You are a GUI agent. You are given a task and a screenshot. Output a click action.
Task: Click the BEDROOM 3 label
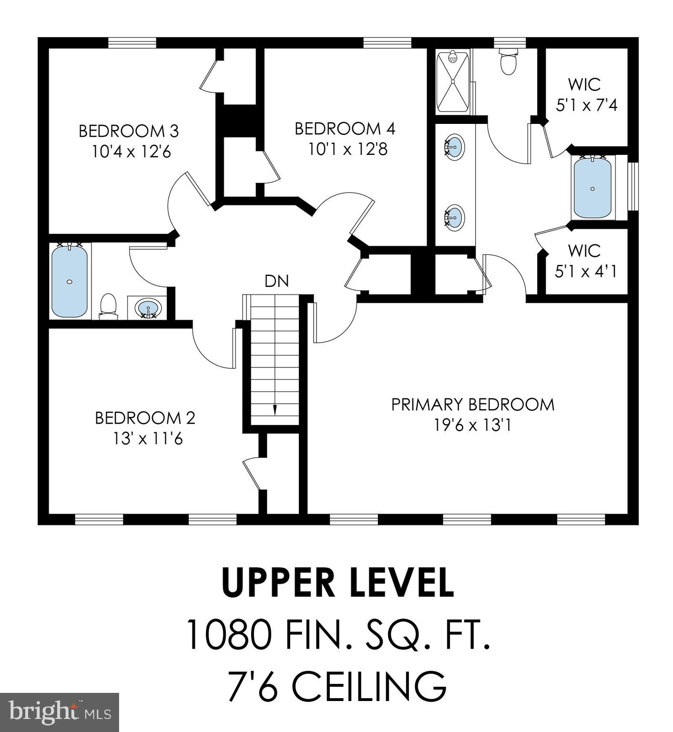pos(129,131)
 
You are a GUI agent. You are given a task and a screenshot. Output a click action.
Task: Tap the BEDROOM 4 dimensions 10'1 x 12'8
pos(348,150)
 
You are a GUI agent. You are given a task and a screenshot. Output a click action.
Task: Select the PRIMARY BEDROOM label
pos(473,405)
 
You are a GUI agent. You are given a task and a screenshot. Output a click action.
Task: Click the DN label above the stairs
pos(277,281)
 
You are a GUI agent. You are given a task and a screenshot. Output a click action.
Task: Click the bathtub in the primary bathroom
pos(592,187)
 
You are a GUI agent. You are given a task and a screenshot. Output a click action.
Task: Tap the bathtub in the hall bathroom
pos(70,280)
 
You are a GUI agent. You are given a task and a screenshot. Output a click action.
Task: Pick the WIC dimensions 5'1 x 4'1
pos(586,272)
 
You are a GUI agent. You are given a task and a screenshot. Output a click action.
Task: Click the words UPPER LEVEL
pos(337,582)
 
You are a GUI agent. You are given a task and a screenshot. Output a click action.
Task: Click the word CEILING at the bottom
pos(369,686)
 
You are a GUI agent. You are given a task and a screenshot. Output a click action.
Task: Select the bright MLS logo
pos(60,712)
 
